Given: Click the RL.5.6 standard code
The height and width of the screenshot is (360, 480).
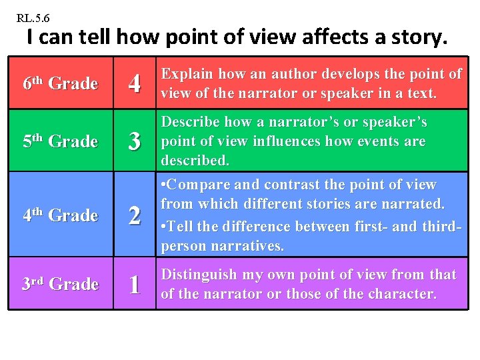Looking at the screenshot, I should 33,17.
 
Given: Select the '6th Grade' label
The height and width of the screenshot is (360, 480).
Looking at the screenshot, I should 60,83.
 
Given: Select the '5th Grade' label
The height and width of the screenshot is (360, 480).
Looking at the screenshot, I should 60,141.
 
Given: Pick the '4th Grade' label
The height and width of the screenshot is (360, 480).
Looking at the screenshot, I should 60,215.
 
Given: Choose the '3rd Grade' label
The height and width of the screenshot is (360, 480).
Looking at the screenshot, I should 60,284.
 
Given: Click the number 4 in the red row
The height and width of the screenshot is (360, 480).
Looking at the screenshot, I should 135,84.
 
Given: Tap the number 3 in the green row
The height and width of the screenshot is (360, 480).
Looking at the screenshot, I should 135,142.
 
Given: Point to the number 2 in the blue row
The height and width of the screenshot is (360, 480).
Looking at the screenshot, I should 135,216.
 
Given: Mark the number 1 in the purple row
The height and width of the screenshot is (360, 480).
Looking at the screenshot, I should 135,285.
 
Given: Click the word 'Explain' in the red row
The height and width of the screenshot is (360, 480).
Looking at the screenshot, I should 187,74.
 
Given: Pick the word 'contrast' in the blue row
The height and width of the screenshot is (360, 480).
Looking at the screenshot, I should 293,184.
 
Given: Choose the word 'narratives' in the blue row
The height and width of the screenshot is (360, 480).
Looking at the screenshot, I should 249,246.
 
